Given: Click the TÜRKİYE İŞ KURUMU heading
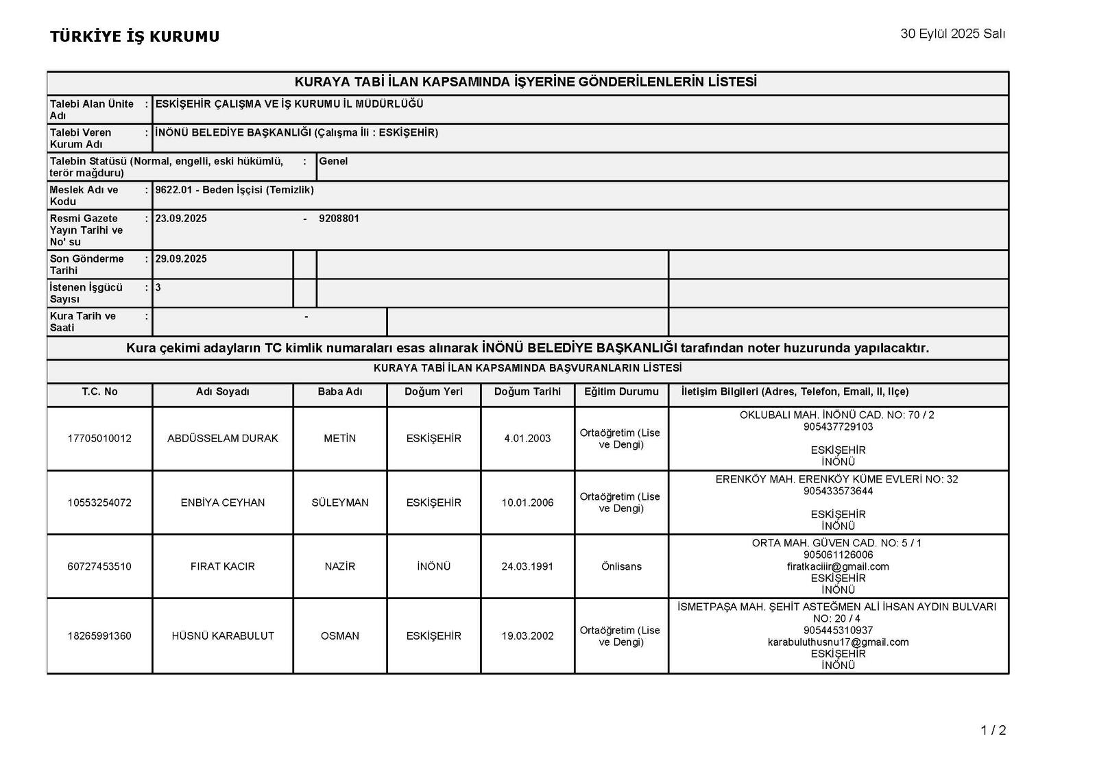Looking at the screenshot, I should pyautogui.click(x=134, y=37).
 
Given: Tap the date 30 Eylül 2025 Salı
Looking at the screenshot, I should pyautogui.click(x=952, y=34).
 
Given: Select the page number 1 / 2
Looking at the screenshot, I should pyautogui.click(x=993, y=731).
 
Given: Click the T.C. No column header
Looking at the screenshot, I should pyautogui.click(x=99, y=392).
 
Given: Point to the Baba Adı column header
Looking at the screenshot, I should pyautogui.click(x=339, y=392).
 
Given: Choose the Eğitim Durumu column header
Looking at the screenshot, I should pyautogui.click(x=621, y=392).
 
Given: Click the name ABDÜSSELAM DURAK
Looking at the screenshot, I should pyautogui.click(x=223, y=439).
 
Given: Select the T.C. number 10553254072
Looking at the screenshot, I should pyautogui.click(x=99, y=502).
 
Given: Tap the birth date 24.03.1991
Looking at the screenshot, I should pyautogui.click(x=527, y=567).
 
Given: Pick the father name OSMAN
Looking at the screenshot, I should pyautogui.click(x=339, y=636).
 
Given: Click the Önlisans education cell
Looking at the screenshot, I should pyautogui.click(x=621, y=567).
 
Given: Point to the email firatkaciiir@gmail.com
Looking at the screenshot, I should pyautogui.click(x=838, y=567).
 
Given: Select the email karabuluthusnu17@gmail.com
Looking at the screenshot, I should pyautogui.click(x=838, y=642).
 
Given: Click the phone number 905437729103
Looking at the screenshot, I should pyautogui.click(x=838, y=427).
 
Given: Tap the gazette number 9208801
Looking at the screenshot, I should pyautogui.click(x=339, y=219).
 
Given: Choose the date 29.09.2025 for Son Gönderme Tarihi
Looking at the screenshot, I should pyautogui.click(x=181, y=259).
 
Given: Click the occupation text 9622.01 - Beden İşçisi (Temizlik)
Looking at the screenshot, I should pyautogui.click(x=234, y=190).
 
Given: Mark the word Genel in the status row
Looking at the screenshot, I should pyautogui.click(x=333, y=162).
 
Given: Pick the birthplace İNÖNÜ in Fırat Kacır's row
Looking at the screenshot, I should pyautogui.click(x=433, y=567).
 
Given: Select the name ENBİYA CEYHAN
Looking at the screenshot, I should pyautogui.click(x=223, y=502).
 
